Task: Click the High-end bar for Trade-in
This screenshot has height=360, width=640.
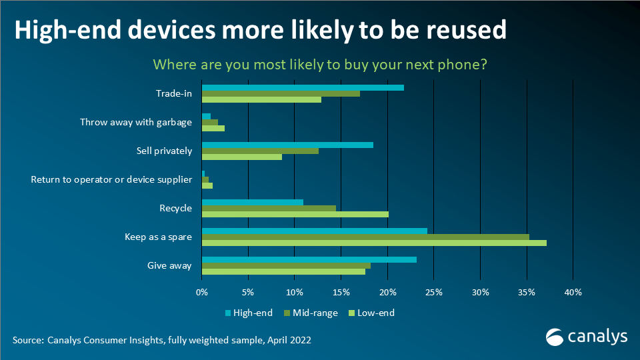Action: point(303,87)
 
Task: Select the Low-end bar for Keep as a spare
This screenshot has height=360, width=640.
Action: point(374,243)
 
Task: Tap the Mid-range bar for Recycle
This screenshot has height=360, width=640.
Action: point(269,208)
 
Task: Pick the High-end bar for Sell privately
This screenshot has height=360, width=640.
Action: point(287,145)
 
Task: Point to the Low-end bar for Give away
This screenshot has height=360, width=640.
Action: point(283,271)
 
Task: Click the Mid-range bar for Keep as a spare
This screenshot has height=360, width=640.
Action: point(365,236)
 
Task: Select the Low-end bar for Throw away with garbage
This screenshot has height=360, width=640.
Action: point(213,128)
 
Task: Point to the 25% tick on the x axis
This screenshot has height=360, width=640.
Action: point(433,292)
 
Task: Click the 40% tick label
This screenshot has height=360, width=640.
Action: point(573,292)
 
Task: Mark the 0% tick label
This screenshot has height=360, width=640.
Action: point(202,292)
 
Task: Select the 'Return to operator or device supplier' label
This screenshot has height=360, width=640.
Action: point(111,179)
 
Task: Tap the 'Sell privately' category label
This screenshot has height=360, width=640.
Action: point(159,151)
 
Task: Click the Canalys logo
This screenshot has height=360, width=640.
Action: point(587,337)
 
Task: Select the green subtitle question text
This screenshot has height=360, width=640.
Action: point(319,65)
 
